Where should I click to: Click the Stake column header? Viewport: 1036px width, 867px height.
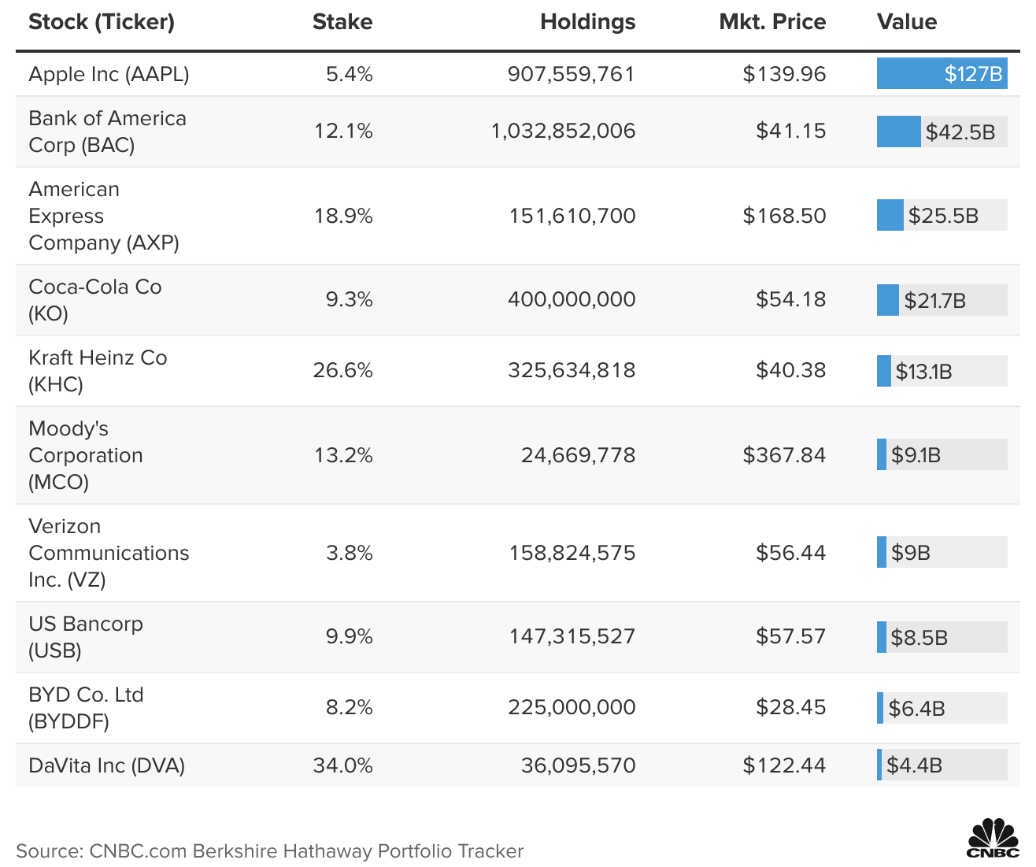(342, 22)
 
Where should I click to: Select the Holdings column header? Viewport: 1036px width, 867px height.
(587, 22)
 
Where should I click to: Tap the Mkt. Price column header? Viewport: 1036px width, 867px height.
(771, 22)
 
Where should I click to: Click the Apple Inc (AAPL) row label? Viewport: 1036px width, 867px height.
(109, 74)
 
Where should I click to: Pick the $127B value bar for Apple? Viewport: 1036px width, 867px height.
(942, 74)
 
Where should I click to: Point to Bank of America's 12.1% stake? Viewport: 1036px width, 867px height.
(343, 131)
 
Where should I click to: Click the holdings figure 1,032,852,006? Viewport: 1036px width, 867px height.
(563, 131)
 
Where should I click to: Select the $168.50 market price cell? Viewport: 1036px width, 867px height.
(784, 216)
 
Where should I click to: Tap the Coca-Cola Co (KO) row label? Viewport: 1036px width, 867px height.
(94, 300)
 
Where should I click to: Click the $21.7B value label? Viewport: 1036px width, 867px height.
(934, 301)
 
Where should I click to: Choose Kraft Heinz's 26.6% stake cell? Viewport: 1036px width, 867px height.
(342, 370)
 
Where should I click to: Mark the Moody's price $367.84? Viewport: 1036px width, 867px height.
(784, 455)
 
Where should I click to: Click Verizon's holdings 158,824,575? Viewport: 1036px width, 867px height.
(572, 553)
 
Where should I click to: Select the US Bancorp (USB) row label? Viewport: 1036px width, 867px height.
(85, 637)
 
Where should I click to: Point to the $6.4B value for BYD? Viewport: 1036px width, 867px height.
(916, 709)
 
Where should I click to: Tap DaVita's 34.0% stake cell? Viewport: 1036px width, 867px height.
(342, 765)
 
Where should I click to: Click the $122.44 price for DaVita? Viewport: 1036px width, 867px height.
(784, 765)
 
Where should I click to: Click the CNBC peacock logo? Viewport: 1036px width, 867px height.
(993, 838)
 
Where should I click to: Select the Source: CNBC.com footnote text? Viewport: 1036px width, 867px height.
(269, 851)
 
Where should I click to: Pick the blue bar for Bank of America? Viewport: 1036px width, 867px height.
(898, 132)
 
